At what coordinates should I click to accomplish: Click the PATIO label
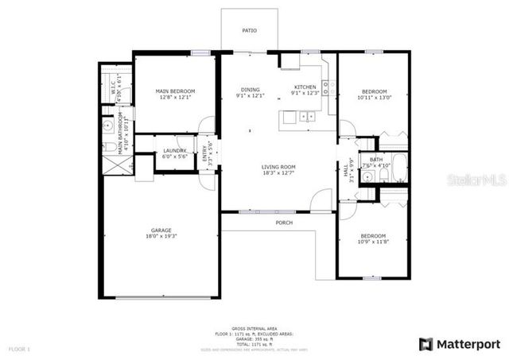(x=249, y=31)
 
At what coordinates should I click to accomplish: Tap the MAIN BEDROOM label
(x=174, y=91)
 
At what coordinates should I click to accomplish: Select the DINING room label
(x=250, y=89)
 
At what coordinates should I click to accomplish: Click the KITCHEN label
(x=305, y=87)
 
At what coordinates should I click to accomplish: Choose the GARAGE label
(x=160, y=230)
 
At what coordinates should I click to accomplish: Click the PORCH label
(x=284, y=223)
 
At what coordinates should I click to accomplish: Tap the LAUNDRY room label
(x=175, y=150)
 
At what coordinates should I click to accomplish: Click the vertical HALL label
(x=346, y=168)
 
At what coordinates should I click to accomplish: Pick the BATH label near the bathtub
(x=375, y=160)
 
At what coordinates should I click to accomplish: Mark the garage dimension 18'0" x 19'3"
(x=160, y=237)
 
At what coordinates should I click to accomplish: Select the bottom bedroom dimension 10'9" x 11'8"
(x=373, y=242)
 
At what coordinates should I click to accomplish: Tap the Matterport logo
(x=459, y=343)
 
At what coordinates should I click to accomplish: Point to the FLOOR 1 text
(x=19, y=349)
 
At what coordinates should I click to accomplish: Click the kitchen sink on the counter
(x=307, y=117)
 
